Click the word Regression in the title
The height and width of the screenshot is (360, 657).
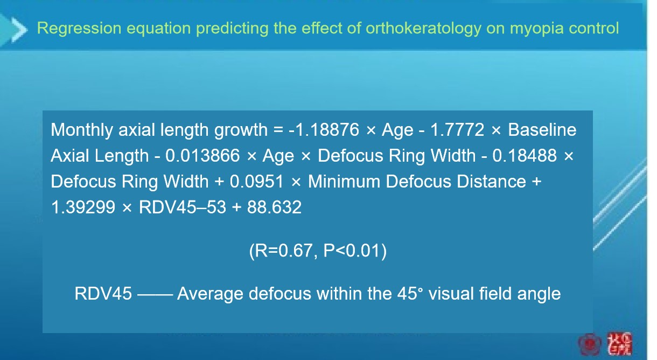[79, 29]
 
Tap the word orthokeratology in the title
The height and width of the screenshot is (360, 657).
[423, 29]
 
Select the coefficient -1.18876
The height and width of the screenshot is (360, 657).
[324, 129]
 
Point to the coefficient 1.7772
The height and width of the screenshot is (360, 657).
[457, 129]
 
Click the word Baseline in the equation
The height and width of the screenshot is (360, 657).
[542, 129]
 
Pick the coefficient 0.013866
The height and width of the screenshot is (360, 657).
[202, 155]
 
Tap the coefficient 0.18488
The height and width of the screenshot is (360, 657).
[525, 155]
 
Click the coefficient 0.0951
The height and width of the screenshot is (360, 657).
[257, 181]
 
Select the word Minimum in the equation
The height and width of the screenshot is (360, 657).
[344, 181]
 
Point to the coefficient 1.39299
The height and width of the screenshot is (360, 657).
[83, 207]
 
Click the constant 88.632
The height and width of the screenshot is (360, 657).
[274, 207]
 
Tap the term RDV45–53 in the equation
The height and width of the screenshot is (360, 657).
[183, 207]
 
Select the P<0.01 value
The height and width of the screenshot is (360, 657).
[352, 251]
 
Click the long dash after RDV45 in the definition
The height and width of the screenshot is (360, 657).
[155, 294]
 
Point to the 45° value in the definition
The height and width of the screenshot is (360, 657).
[410, 293]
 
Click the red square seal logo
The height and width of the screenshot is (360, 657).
[619, 344]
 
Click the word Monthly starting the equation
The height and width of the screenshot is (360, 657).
[82, 130]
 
